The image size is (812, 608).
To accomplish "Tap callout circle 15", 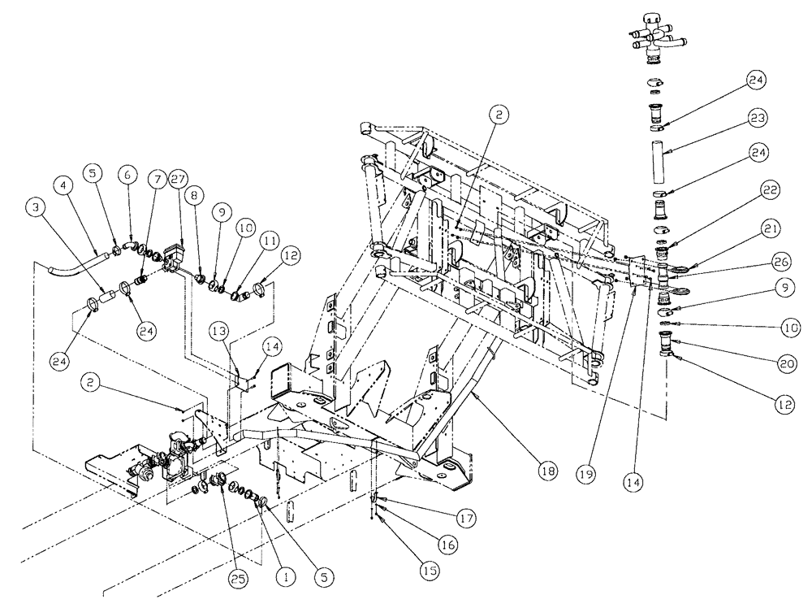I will point(430,570).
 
